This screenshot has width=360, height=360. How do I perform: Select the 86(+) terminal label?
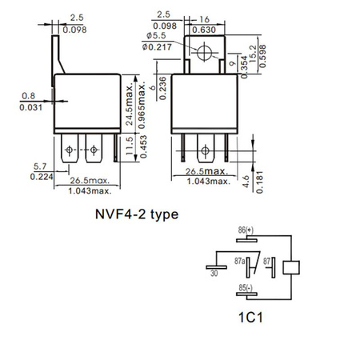tap(243, 230)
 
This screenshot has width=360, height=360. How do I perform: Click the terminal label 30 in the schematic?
tap(214, 272)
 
